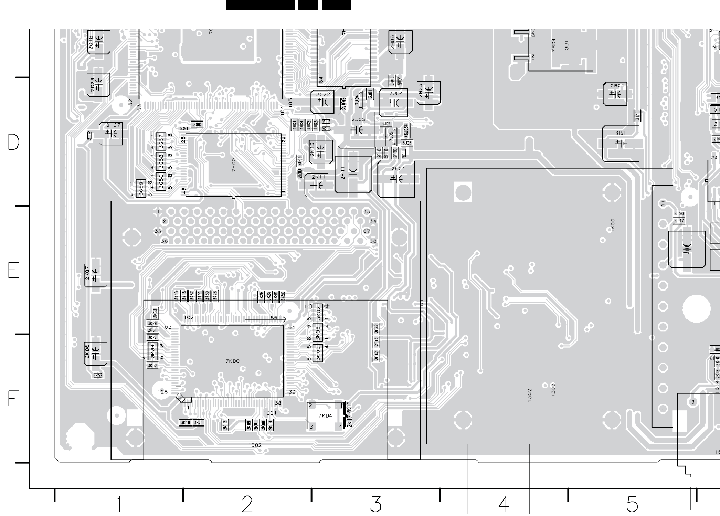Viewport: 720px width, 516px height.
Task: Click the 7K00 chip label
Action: [233, 361]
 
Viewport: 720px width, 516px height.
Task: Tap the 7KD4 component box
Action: [325, 416]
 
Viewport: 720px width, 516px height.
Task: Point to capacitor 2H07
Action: [111, 133]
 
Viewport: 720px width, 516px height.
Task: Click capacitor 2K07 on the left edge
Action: [95, 275]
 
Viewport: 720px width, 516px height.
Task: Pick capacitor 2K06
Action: [95, 354]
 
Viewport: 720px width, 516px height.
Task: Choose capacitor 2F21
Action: [396, 179]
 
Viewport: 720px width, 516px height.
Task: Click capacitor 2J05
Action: [357, 130]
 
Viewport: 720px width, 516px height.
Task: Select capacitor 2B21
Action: [615, 94]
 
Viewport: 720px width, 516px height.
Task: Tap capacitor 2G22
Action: [322, 102]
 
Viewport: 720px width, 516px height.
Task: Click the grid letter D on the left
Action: [14, 142]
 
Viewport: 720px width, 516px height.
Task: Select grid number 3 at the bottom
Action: [376, 504]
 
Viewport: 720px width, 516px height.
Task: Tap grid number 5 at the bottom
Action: [632, 504]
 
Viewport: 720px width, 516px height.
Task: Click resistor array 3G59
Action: [141, 189]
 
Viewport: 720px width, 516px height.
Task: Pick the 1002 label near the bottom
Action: [255, 445]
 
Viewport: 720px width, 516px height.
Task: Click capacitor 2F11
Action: [353, 175]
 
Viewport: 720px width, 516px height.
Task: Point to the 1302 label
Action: [530, 395]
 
